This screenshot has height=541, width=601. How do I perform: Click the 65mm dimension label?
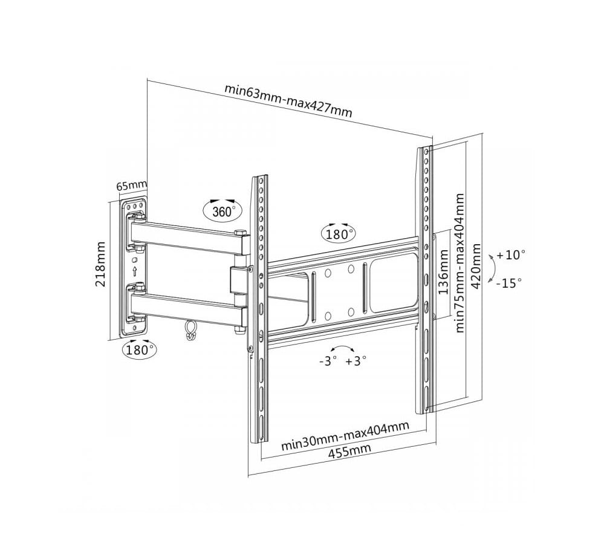pyautogui.click(x=131, y=185)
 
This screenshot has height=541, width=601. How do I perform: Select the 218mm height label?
pyautogui.click(x=101, y=264)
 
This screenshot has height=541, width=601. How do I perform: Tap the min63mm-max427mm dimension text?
pyautogui.click(x=288, y=100)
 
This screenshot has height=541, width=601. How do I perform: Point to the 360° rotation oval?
pyautogui.click(x=222, y=211)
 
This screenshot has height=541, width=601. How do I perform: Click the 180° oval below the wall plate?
pyautogui.click(x=139, y=349)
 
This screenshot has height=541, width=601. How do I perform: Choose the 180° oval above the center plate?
pyautogui.click(x=339, y=234)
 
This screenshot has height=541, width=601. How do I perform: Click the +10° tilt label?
pyautogui.click(x=511, y=254)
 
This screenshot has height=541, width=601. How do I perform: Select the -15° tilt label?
pyautogui.click(x=508, y=282)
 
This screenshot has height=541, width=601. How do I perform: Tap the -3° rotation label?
pyautogui.click(x=328, y=361)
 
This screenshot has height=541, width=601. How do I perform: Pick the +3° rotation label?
pyautogui.click(x=356, y=361)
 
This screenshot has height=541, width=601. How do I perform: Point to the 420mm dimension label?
pyautogui.click(x=476, y=266)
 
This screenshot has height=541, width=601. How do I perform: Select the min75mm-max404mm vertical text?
pyautogui.click(x=460, y=262)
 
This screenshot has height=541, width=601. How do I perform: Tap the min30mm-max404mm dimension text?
pyautogui.click(x=345, y=436)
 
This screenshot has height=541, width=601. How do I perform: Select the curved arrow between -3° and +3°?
pyautogui.click(x=342, y=349)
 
